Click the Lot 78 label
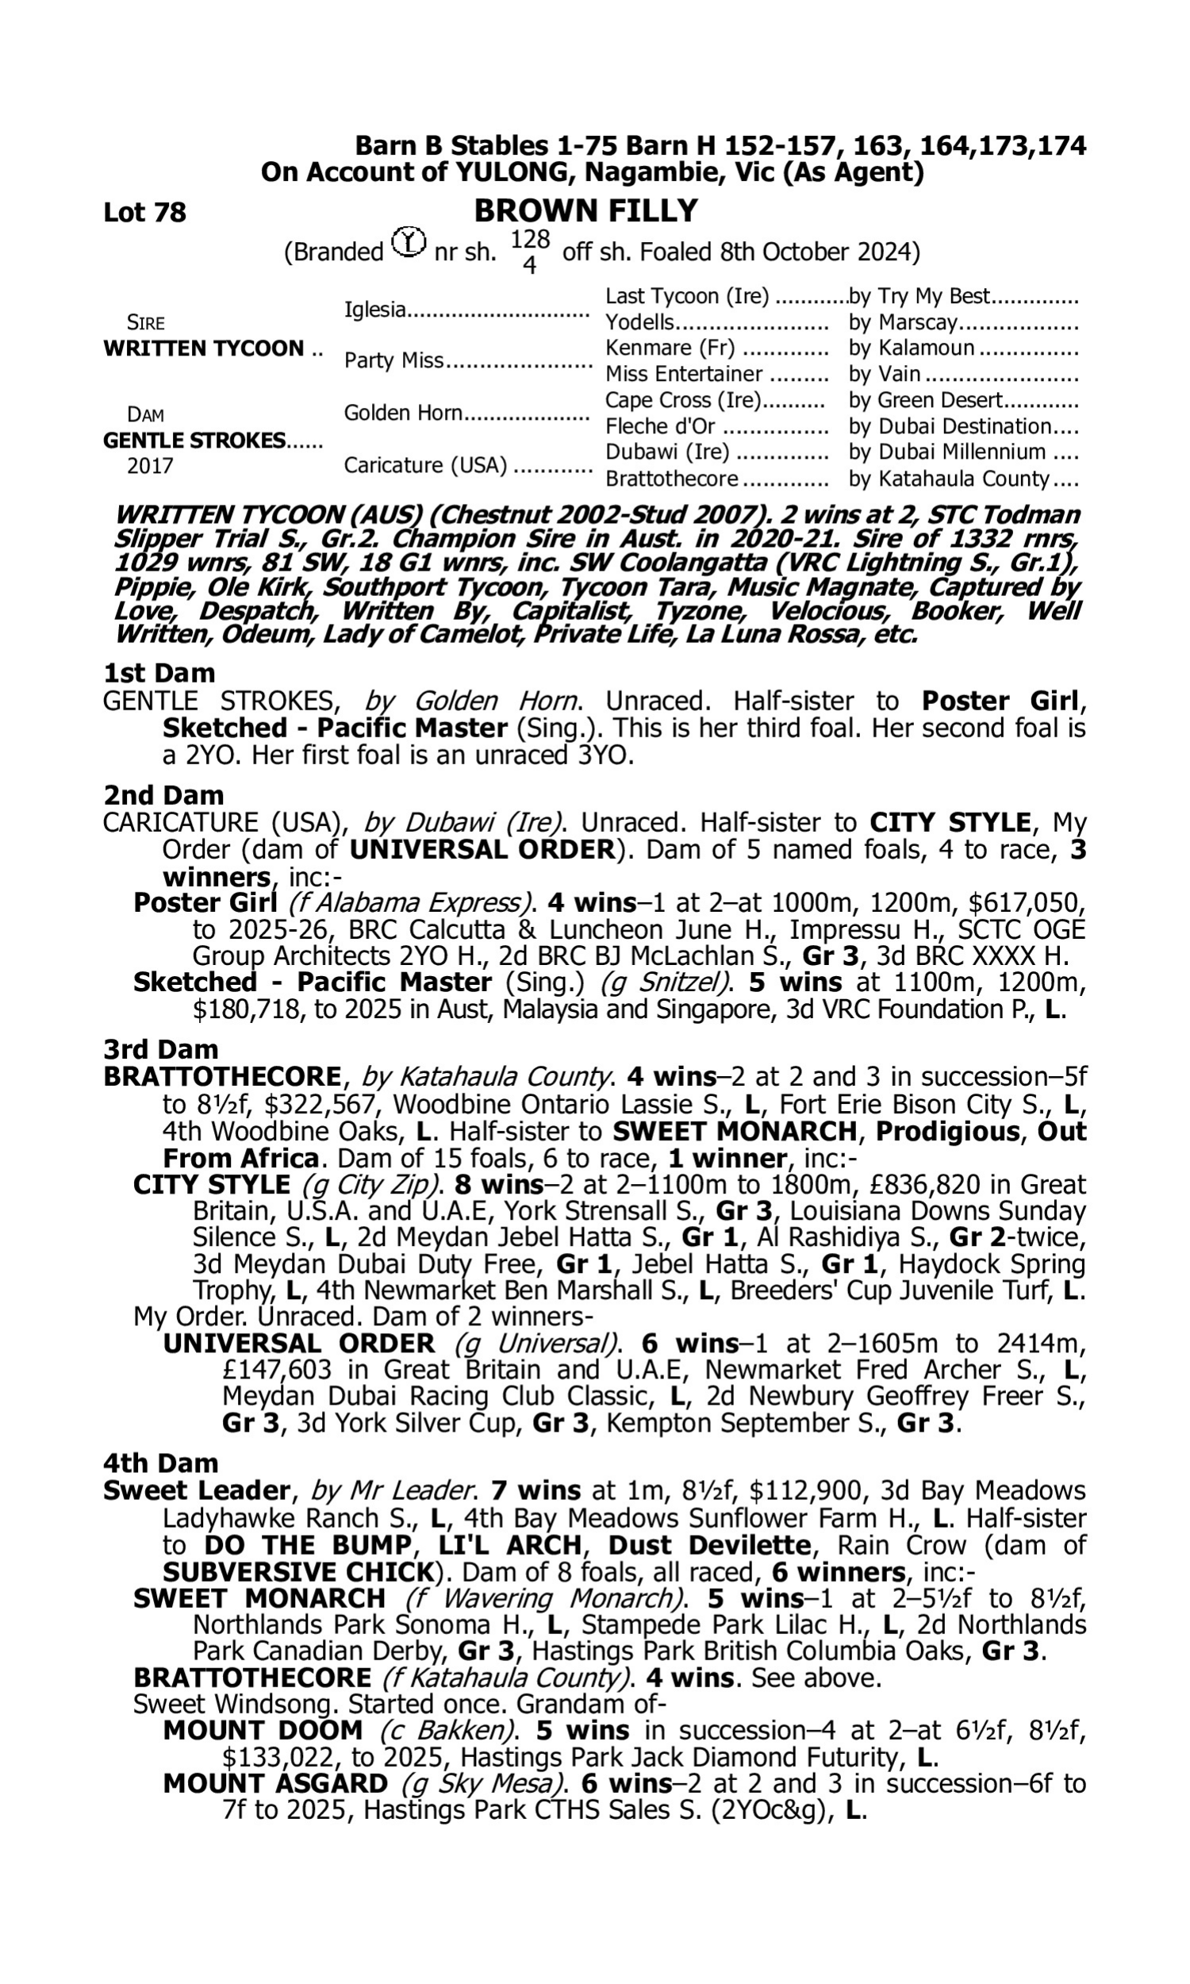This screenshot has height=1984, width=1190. click(x=144, y=213)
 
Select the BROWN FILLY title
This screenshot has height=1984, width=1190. click(x=585, y=211)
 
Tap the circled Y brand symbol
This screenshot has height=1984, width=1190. click(x=409, y=241)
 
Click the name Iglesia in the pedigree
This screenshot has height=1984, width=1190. click(x=374, y=309)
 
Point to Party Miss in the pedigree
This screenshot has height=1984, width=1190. click(x=393, y=361)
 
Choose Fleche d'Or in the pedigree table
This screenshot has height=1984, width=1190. click(x=660, y=426)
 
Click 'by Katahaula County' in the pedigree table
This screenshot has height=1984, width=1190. click(x=949, y=479)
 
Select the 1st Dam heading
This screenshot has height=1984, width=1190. click(x=159, y=672)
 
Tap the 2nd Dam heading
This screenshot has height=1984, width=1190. click(x=163, y=794)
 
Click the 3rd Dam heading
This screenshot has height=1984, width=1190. click(x=161, y=1049)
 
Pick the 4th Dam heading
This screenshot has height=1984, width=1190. click(x=160, y=1463)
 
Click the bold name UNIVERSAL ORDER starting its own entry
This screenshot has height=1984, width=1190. click(x=299, y=1344)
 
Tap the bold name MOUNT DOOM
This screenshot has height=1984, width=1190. click(x=263, y=1732)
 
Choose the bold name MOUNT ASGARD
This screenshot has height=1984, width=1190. click(x=275, y=1784)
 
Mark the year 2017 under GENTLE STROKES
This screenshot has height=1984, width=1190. click(x=150, y=466)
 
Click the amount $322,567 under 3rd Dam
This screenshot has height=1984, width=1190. click(x=320, y=1104)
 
